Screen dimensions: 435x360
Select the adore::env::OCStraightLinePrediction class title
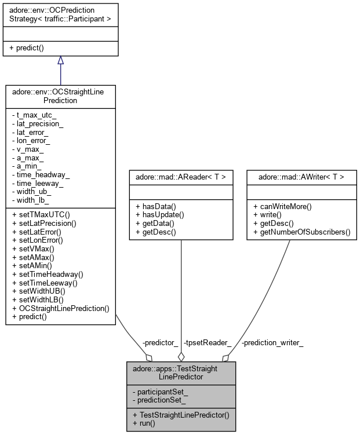60,95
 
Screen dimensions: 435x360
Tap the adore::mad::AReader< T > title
181,176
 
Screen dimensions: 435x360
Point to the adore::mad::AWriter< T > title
297,176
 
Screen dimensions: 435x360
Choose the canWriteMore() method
282,207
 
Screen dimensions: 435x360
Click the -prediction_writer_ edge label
272,342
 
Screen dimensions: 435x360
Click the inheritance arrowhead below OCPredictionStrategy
60,60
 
